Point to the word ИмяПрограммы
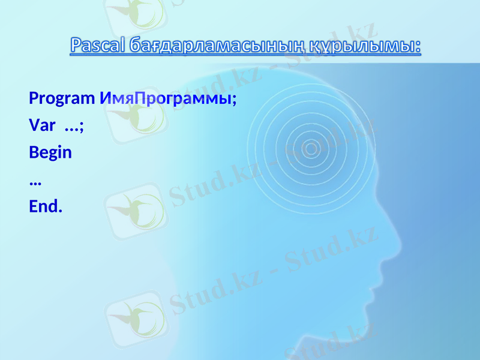164,98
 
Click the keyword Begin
50,152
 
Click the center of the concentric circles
311,148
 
